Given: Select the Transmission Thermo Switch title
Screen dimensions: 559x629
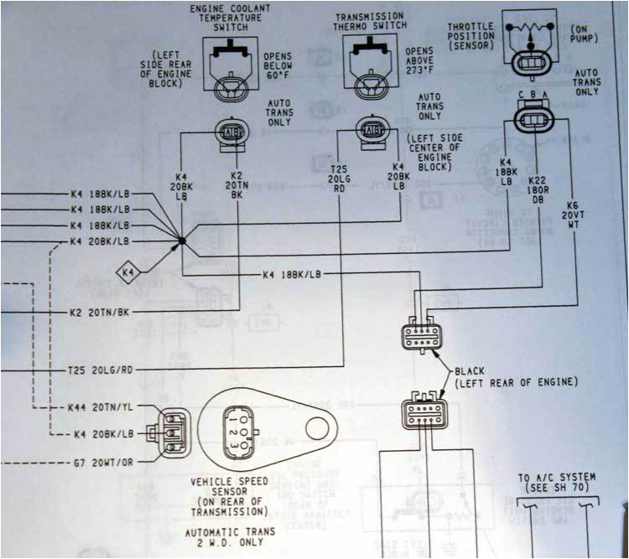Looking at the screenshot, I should click(x=370, y=22).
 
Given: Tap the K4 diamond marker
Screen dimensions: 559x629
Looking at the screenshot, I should click(x=128, y=272).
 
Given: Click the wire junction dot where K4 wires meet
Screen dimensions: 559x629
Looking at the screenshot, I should click(x=181, y=241).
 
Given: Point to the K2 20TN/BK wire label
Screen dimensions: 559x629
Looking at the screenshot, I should click(x=101, y=312).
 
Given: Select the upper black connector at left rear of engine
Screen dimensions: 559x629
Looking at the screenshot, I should click(x=421, y=335).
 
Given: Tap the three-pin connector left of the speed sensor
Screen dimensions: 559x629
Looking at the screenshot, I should click(x=171, y=426).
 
